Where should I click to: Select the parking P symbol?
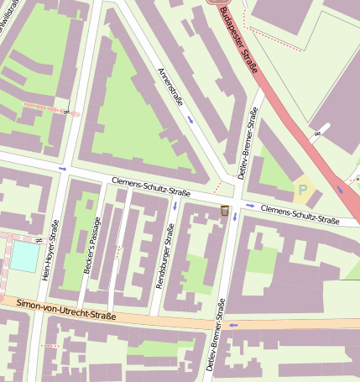[303, 190]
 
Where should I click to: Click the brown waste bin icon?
[225, 210]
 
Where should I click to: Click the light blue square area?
[24, 255]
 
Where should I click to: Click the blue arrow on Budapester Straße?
[340, 189]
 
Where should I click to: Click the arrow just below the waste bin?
[234, 217]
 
